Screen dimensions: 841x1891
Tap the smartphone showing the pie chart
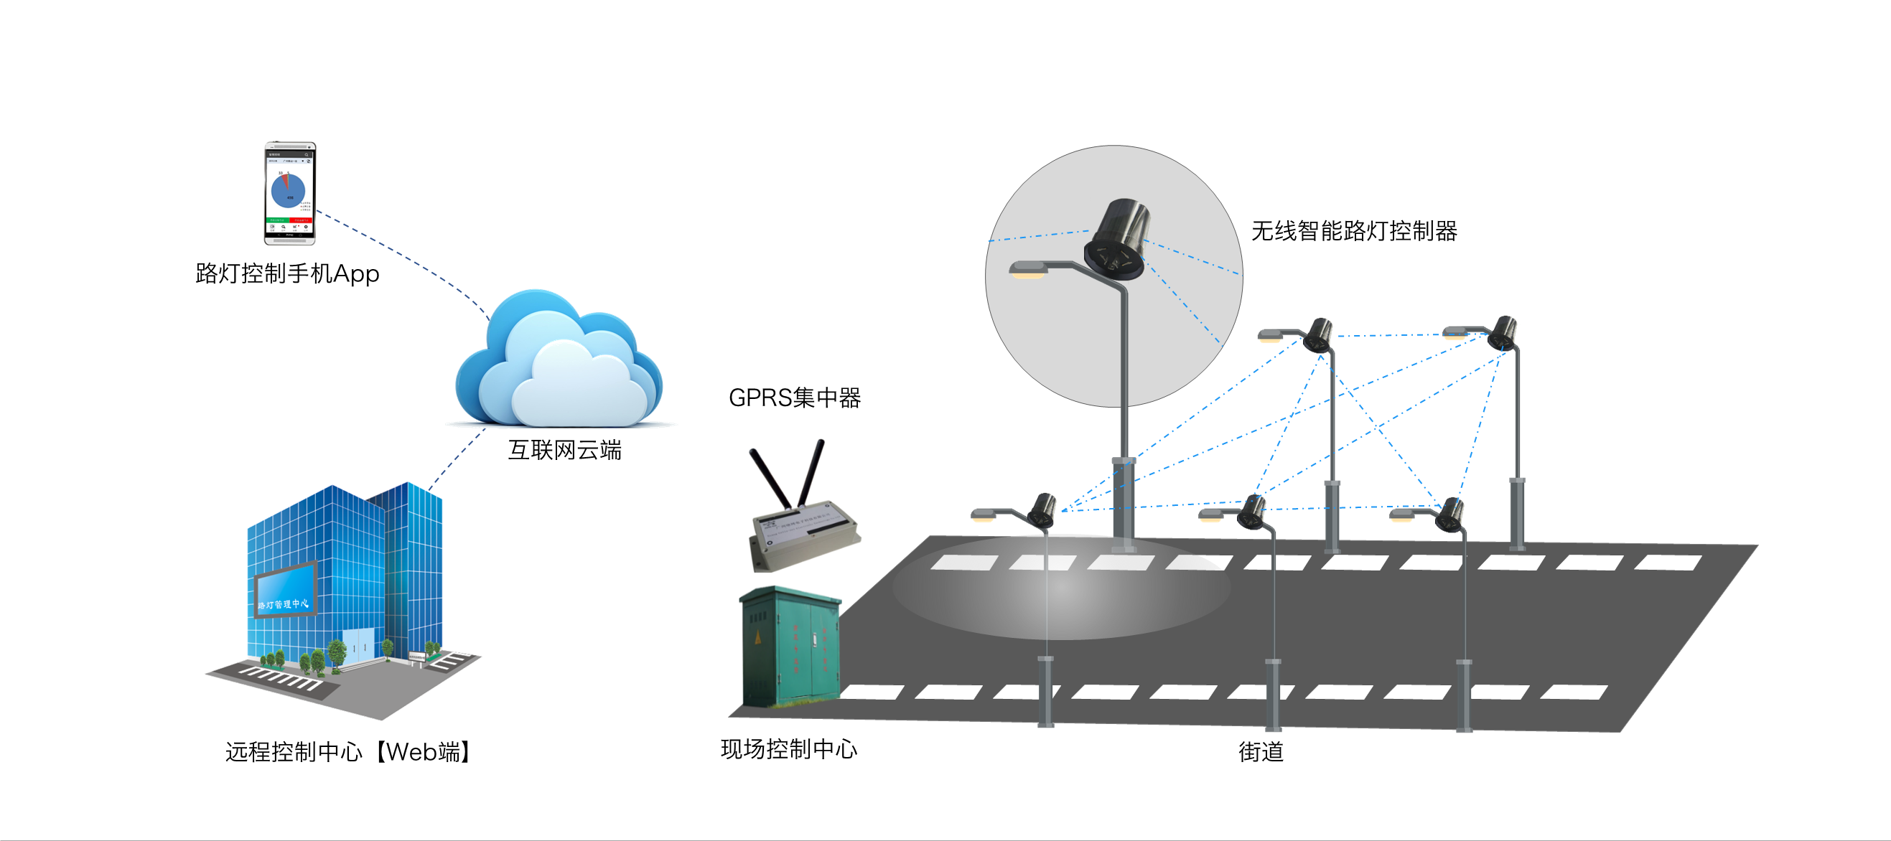290,193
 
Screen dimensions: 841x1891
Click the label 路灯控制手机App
287,273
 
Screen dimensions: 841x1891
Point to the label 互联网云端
564,450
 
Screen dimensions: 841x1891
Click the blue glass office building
345,580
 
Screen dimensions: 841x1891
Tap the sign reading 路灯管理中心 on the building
284,604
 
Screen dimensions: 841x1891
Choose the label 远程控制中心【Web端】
348,751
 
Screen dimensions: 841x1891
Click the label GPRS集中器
794,398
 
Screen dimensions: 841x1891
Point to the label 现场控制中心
789,748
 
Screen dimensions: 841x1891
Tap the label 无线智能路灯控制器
1354,231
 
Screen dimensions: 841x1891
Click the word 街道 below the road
1261,751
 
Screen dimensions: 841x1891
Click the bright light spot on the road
1063,587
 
